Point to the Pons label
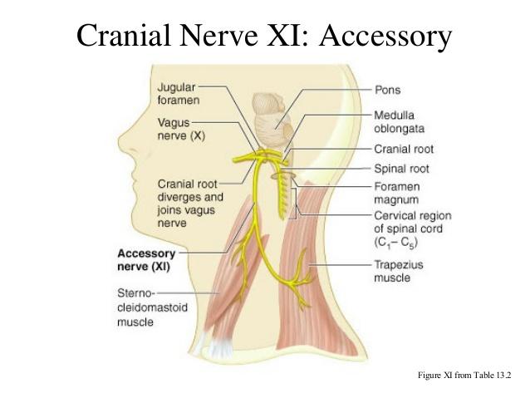click(x=388, y=87)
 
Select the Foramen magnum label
click(x=398, y=193)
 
